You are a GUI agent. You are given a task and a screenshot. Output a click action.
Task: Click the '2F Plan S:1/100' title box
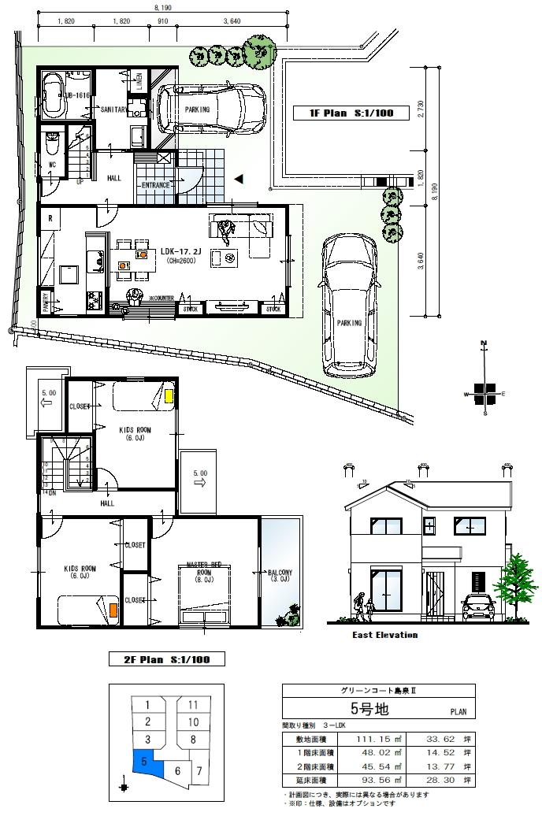pos(165,658)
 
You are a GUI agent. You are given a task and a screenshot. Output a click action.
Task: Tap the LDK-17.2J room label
pos(182,252)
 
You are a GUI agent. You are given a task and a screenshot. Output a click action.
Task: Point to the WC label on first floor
pos(52,165)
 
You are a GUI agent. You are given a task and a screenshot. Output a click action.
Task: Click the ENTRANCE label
pos(156,185)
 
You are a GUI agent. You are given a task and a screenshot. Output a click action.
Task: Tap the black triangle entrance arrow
pos(239,180)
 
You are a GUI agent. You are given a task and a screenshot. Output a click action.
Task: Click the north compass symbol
pos(485,391)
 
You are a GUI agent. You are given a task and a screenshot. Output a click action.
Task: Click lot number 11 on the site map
pos(193,704)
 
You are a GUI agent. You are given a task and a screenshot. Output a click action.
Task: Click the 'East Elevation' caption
pos(384,635)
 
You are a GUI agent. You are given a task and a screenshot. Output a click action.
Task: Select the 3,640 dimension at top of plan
pos(232,21)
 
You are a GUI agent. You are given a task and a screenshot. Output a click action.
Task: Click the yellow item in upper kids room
pos(169,396)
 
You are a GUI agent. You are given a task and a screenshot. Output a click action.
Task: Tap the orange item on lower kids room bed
pos(113,610)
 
